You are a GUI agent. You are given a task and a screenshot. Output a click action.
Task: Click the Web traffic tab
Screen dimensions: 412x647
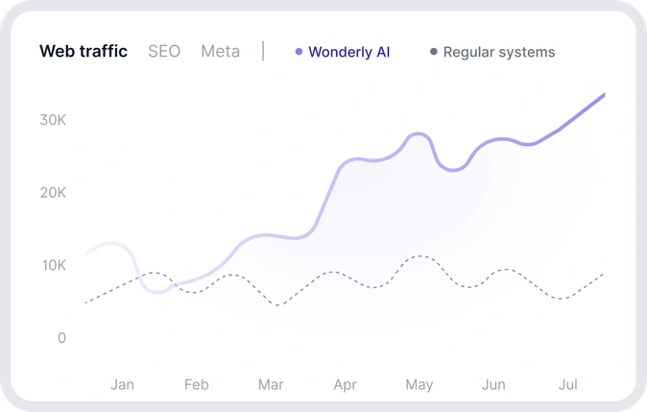(84, 52)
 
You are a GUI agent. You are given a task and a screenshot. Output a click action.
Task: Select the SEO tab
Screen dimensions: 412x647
(164, 52)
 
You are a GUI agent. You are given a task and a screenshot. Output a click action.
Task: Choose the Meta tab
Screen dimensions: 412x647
(220, 52)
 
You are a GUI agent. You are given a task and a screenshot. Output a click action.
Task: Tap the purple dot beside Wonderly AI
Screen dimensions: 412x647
(300, 52)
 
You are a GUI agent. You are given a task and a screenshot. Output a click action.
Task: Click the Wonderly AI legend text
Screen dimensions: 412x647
(349, 52)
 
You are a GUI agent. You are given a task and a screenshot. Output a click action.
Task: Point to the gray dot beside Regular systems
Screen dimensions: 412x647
(434, 52)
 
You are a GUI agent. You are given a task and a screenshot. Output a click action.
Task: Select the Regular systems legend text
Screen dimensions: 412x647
(499, 52)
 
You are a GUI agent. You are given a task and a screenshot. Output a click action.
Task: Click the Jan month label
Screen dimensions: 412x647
(122, 385)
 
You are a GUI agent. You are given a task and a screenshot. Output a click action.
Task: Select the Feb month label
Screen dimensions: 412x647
(196, 385)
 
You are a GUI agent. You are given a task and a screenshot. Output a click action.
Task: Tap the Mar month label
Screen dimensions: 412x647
(271, 385)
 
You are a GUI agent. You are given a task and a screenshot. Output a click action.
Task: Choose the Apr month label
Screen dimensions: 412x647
(345, 385)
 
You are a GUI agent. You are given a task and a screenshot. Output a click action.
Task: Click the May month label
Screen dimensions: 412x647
(419, 385)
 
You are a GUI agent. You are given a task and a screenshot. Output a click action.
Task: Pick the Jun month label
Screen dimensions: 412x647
(493, 385)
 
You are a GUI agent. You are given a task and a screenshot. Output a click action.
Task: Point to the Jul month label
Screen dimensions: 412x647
(567, 385)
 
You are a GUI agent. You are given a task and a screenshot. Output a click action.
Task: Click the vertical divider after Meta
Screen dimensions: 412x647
(263, 52)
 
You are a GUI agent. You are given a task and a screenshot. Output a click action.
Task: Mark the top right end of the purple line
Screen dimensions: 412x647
(604, 94)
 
